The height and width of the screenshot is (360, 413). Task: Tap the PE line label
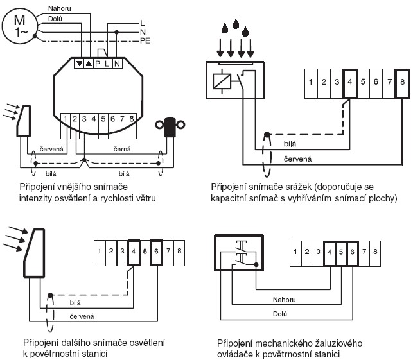[x=145, y=40]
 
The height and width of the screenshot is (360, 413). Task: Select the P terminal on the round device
[x=97, y=64]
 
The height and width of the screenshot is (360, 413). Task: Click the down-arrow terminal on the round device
[x=79, y=64]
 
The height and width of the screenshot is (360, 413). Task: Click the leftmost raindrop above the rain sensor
[x=223, y=28]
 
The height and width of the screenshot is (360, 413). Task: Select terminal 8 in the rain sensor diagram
[x=401, y=82]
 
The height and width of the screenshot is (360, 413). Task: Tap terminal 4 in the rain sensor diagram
[x=350, y=82]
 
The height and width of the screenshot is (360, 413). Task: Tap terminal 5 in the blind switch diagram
[x=340, y=250]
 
